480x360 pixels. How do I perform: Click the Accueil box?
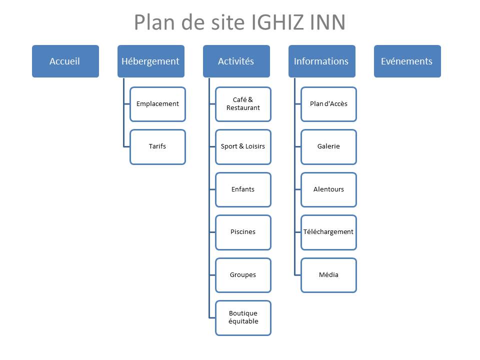coord(65,61)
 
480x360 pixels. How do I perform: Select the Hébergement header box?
coord(150,61)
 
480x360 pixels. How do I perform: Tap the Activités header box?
coord(236,61)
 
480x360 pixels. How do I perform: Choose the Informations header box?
coord(321,61)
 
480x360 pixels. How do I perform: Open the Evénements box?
coord(407,61)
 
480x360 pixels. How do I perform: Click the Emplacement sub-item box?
coord(157,104)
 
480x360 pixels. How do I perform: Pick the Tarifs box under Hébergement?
coord(157,146)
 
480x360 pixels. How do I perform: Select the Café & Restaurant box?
coord(243,104)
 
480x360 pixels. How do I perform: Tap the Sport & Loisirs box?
coord(243,146)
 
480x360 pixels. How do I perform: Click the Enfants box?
coord(243,189)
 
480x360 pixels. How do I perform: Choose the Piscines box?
coord(243,232)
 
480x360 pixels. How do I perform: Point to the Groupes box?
coord(243,275)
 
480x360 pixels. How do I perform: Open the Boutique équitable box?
coord(243,317)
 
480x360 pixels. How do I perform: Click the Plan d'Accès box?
coord(328,104)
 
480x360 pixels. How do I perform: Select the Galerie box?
coord(328,146)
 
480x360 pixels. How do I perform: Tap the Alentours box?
coord(328,189)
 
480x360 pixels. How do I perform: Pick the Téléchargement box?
coord(328,232)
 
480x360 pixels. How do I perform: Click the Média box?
coord(328,275)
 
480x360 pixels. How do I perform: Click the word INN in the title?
coord(328,22)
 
